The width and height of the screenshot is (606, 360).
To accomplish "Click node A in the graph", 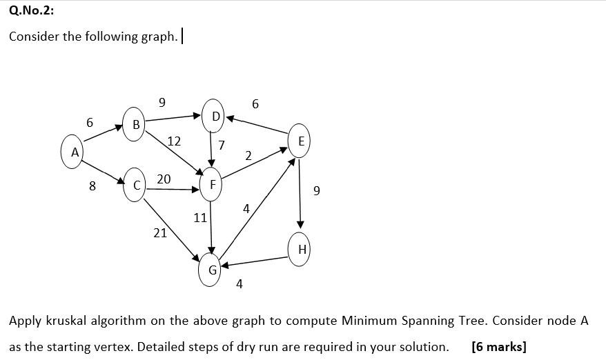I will pyautogui.click(x=73, y=152).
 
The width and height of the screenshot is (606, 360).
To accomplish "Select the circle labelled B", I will pyautogui.click(x=135, y=124).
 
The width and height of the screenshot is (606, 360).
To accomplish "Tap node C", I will pyautogui.click(x=136, y=185).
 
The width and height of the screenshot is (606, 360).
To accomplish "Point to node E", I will pyautogui.click(x=300, y=141).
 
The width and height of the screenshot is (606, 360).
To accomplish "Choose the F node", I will pyautogui.click(x=212, y=185).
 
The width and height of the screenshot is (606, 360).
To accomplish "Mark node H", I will pyautogui.click(x=301, y=250).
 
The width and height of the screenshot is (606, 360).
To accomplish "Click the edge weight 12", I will pyautogui.click(x=174, y=141).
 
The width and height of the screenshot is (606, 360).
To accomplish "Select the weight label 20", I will pyautogui.click(x=164, y=179).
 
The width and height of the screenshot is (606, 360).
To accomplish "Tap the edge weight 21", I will pyautogui.click(x=160, y=233).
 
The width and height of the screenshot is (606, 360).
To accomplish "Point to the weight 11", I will pyautogui.click(x=200, y=218).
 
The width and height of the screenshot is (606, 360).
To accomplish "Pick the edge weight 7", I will pyautogui.click(x=221, y=146).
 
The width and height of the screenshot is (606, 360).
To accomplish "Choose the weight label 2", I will pyautogui.click(x=248, y=156).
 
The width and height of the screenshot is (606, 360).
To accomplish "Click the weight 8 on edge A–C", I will pyautogui.click(x=92, y=185).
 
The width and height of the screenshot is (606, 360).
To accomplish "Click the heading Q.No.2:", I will pyautogui.click(x=31, y=10).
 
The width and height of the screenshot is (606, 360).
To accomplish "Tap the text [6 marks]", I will pyautogui.click(x=498, y=347).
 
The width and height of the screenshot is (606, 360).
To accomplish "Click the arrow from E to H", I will pyautogui.click(x=300, y=193).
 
